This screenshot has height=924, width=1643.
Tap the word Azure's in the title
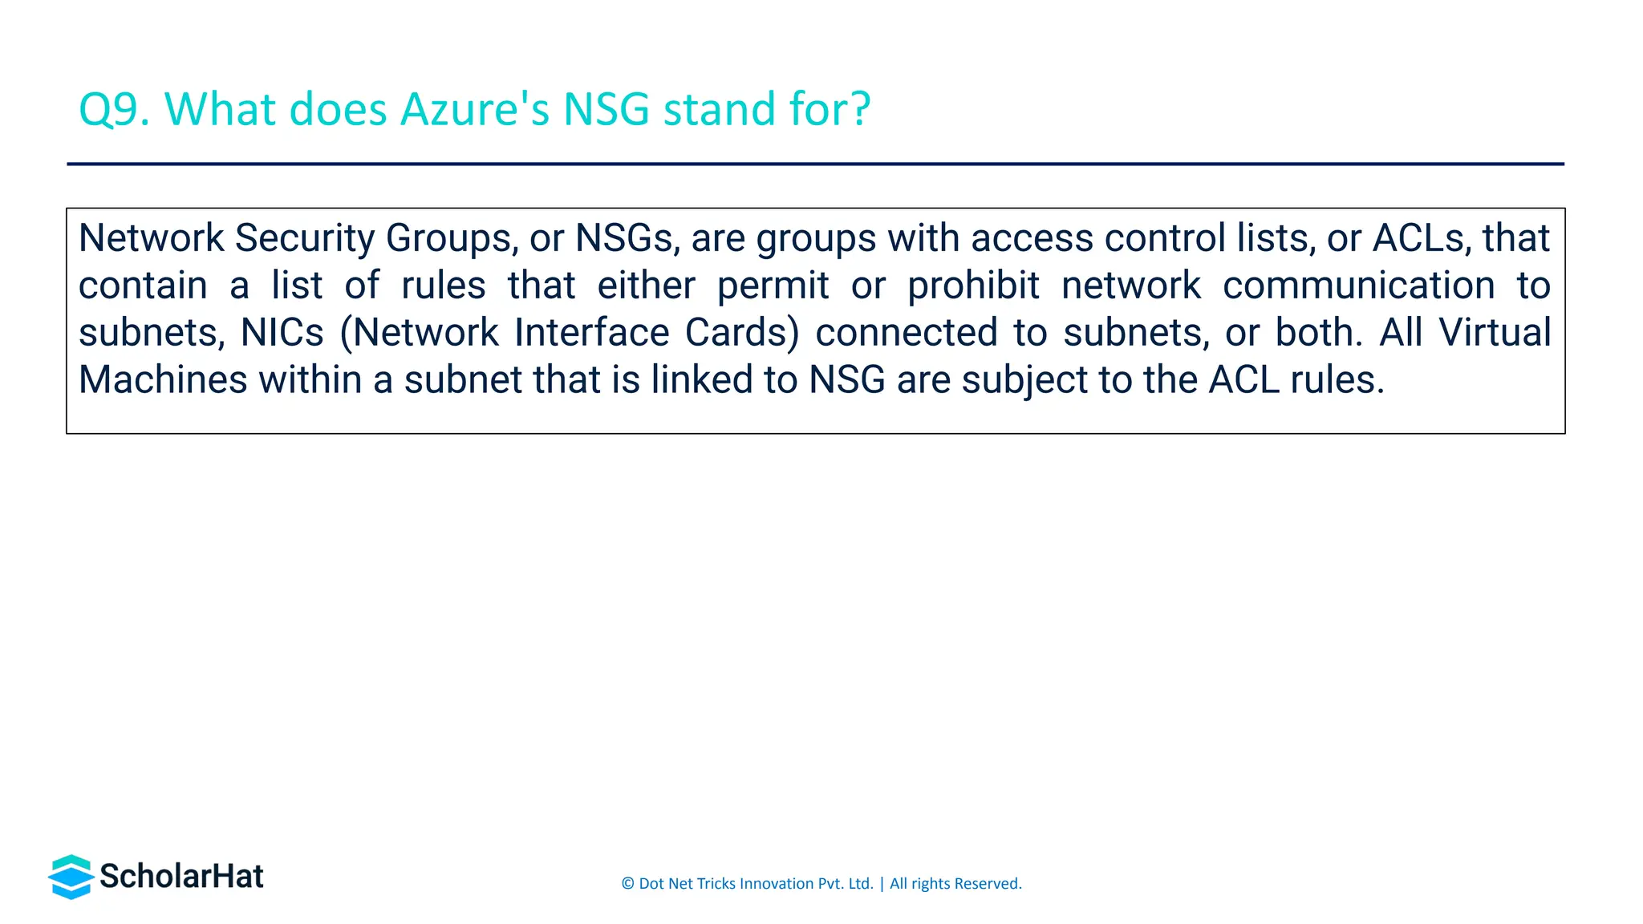click(474, 110)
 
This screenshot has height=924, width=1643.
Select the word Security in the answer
click(304, 238)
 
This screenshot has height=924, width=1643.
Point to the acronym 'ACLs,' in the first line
click(1422, 238)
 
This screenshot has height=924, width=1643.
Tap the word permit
click(773, 286)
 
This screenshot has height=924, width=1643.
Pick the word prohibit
click(973, 286)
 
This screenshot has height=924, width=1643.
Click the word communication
click(1358, 286)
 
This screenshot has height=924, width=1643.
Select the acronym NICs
click(282, 333)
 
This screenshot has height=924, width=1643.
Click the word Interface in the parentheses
click(591, 333)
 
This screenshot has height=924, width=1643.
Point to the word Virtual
click(1495, 333)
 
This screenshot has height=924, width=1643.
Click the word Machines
click(163, 380)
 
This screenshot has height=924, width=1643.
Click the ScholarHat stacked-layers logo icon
click(71, 877)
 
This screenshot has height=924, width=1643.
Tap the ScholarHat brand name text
click(181, 877)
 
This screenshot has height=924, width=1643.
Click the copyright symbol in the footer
click(627, 884)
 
